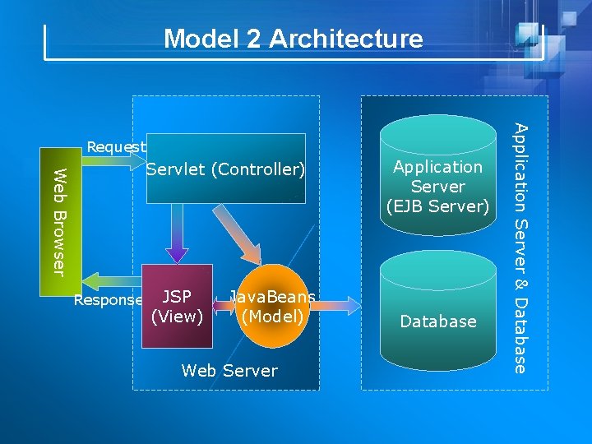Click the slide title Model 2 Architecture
click(x=293, y=39)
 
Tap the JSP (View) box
click(x=178, y=306)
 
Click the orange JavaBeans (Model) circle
click(x=272, y=306)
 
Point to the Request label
click(x=116, y=147)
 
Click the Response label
click(x=108, y=300)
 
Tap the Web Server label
click(x=229, y=371)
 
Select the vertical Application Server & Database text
click(x=520, y=247)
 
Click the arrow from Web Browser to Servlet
click(x=115, y=161)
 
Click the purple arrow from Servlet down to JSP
click(x=177, y=234)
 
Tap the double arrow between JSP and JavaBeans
click(x=220, y=307)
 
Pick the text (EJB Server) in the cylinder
click(x=437, y=206)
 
